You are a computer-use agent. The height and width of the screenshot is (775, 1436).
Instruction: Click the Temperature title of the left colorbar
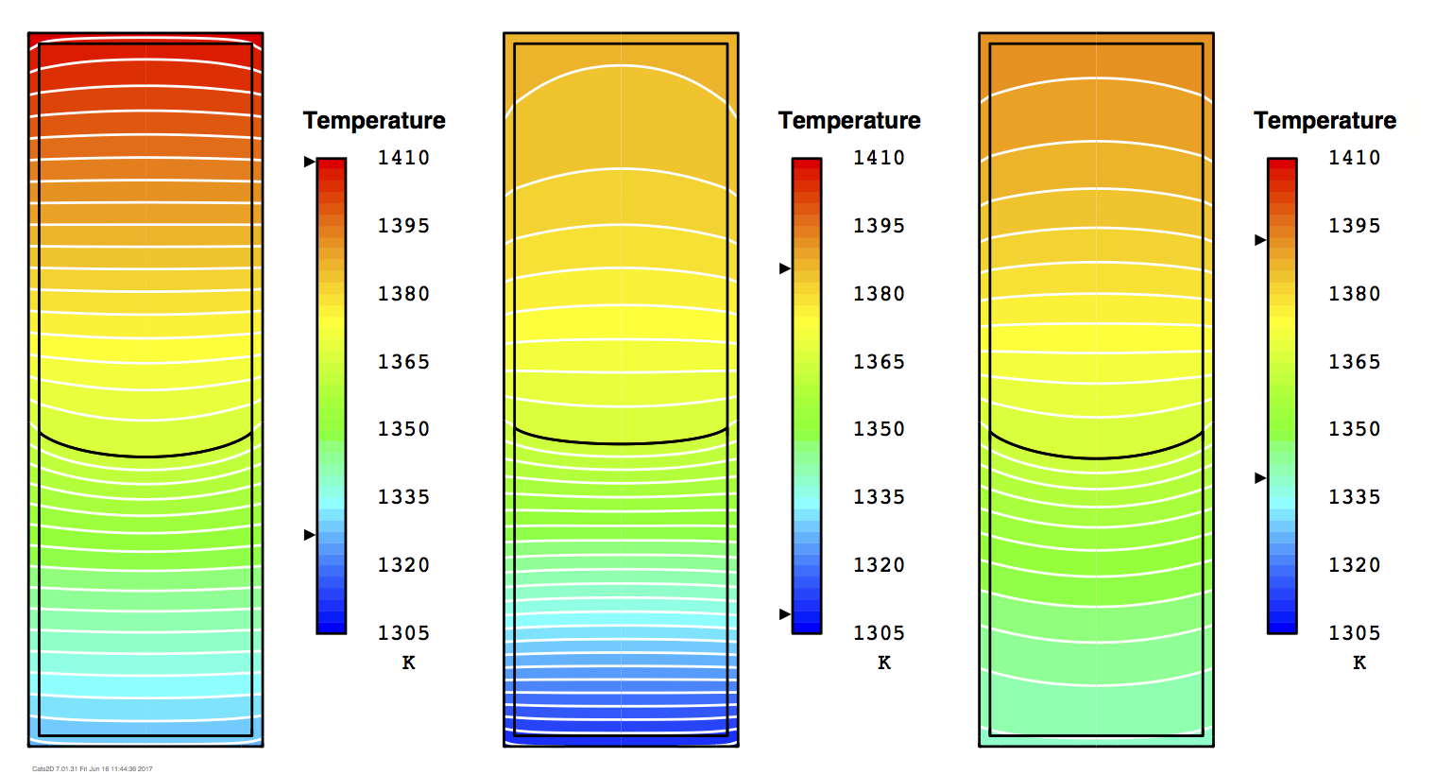pos(374,121)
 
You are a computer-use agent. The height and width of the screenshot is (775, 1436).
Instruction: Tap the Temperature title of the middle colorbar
pos(849,121)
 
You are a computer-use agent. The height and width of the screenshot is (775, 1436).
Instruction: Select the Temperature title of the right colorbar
pos(1325,121)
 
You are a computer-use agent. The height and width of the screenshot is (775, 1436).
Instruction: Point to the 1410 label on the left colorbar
pos(403,158)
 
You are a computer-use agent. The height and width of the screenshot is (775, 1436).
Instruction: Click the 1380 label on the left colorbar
pos(403,294)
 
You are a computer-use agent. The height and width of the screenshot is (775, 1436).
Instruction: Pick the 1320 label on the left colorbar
pos(403,565)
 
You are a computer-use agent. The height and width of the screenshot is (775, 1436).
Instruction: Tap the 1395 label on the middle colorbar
pos(879,226)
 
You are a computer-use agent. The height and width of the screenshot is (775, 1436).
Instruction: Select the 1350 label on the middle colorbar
pos(879,429)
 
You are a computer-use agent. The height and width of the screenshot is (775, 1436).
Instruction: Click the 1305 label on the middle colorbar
pos(879,633)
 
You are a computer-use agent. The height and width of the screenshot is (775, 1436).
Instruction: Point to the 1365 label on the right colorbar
pos(1354,362)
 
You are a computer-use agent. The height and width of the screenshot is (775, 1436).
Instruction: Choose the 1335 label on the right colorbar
pos(1354,497)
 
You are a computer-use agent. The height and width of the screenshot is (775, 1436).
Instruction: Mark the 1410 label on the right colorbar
pos(1354,158)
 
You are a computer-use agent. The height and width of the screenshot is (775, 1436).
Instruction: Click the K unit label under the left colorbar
pos(408,663)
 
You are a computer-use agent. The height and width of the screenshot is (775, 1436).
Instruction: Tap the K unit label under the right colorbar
pos(1359,663)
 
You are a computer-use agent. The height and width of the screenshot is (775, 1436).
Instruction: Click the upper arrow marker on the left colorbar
pos(309,162)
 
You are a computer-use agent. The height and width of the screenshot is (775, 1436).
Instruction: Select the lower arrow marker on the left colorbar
pos(309,535)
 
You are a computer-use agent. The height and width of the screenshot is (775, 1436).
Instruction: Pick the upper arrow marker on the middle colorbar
pos(784,268)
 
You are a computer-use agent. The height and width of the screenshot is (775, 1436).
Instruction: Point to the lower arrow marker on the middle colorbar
pos(784,614)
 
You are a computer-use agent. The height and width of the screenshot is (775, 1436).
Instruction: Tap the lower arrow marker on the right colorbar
pos(1259,478)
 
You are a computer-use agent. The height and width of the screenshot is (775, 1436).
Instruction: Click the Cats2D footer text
pos(93,768)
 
